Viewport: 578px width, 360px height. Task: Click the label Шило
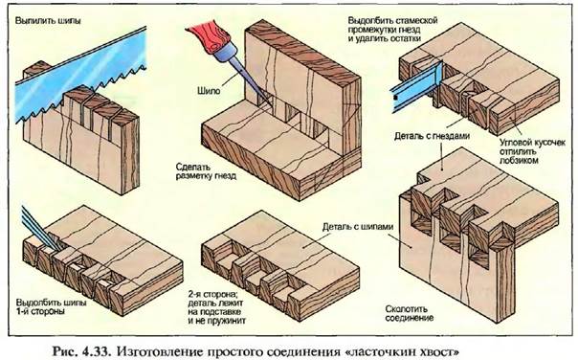point(209,90)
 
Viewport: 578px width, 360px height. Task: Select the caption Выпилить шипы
point(48,20)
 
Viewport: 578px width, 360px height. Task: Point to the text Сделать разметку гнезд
point(206,171)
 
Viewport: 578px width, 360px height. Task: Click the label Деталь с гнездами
point(432,136)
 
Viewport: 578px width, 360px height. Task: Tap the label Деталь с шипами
point(358,227)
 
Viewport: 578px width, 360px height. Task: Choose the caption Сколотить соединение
point(410,313)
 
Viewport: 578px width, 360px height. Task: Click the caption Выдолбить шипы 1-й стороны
point(51,306)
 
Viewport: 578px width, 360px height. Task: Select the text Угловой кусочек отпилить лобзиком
point(532,151)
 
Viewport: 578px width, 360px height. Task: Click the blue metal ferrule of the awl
point(223,53)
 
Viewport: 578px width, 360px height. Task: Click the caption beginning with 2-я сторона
point(216,307)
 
